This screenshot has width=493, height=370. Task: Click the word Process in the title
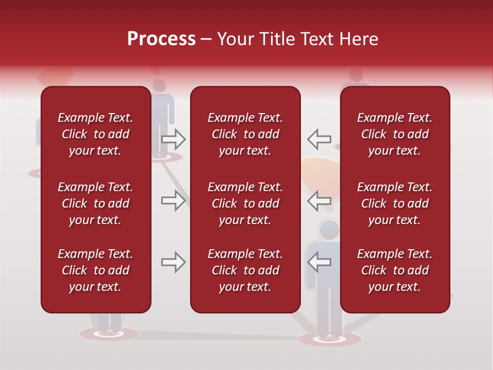click(x=161, y=39)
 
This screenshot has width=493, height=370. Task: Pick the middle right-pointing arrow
click(x=173, y=200)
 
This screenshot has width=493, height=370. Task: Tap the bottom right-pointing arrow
click(x=173, y=262)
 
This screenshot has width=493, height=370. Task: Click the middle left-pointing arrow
click(x=319, y=200)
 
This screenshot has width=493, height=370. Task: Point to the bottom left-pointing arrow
click(x=319, y=262)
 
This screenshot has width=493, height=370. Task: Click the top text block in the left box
click(x=96, y=134)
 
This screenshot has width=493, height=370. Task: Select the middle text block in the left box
click(x=96, y=203)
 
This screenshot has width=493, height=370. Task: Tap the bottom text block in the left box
click(x=96, y=270)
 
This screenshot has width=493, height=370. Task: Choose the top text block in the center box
click(x=245, y=134)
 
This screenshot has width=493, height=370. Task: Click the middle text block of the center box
click(x=245, y=203)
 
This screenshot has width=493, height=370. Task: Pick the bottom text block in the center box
click(x=245, y=270)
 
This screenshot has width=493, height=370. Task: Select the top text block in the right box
click(x=394, y=134)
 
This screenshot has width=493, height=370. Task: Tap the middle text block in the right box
click(x=394, y=203)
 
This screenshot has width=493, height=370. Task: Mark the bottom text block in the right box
click(x=394, y=270)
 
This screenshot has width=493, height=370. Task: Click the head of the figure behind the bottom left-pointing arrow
click(x=329, y=230)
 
